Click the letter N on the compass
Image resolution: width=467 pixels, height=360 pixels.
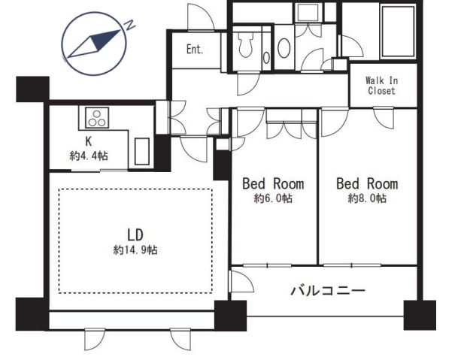tap(129, 26)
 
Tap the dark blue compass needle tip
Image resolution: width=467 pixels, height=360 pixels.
tap(120, 30)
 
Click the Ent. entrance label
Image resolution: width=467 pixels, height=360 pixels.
tap(195, 49)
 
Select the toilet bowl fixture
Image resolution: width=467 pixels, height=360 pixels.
tap(246, 44)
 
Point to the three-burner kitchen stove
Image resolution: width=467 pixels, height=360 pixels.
tap(97, 118)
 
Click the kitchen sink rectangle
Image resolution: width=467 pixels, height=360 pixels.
tap(142, 151)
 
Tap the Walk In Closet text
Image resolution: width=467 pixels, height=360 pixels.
tap(381, 86)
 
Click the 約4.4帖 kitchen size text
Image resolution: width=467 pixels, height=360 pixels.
tap(89, 156)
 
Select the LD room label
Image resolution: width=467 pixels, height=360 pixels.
tap(135, 234)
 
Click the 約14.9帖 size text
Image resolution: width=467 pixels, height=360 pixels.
tap(135, 250)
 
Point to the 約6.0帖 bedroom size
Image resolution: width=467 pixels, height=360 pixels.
tap(273, 198)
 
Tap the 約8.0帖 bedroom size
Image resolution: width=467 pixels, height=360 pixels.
tap(367, 198)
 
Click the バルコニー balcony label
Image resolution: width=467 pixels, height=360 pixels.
tap(328, 290)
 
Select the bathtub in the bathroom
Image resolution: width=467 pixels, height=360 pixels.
tap(399, 32)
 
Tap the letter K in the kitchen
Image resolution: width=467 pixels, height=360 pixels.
tap(89, 141)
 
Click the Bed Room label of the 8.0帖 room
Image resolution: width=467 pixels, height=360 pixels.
tap(367, 183)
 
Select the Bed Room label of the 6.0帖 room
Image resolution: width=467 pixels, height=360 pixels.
tap(273, 183)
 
